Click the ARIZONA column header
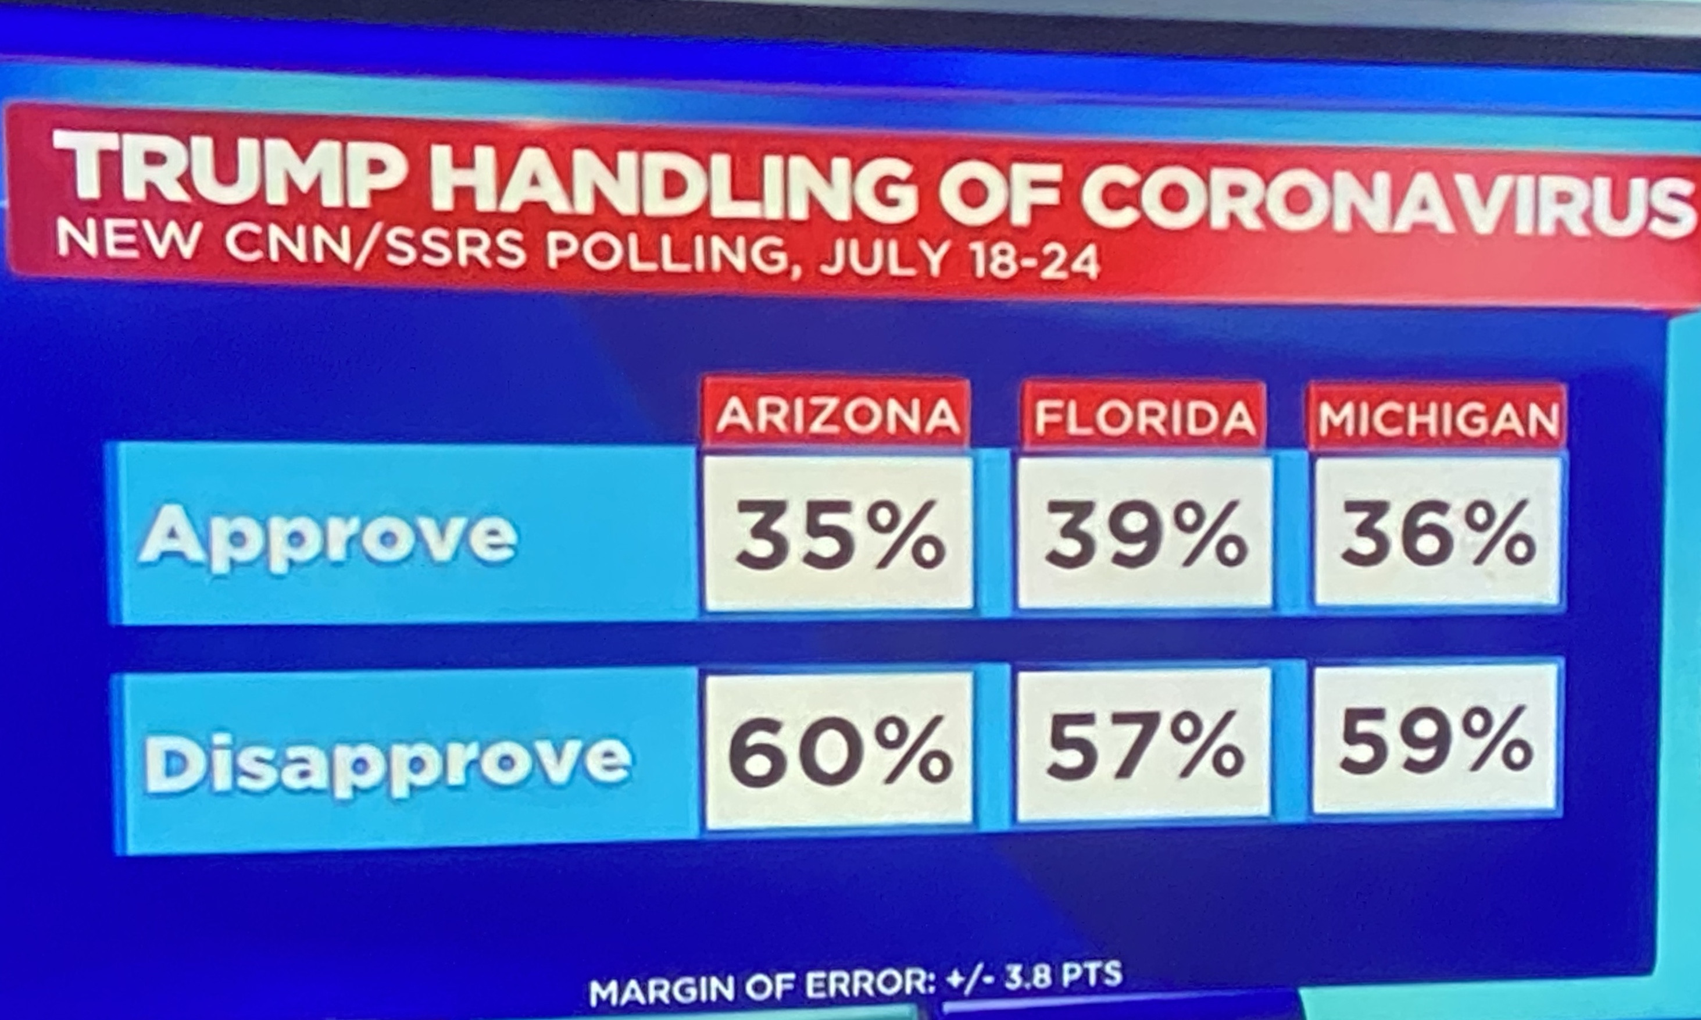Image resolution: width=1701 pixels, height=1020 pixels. click(x=837, y=415)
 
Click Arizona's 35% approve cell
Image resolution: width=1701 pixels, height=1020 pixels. click(x=839, y=533)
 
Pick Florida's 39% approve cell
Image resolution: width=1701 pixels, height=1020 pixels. click(x=1145, y=533)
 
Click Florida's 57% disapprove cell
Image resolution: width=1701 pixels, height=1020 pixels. click(x=1144, y=747)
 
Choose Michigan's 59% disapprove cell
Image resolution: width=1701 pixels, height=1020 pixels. click(x=1436, y=743)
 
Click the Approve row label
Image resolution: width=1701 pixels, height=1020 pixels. click(x=328, y=536)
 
